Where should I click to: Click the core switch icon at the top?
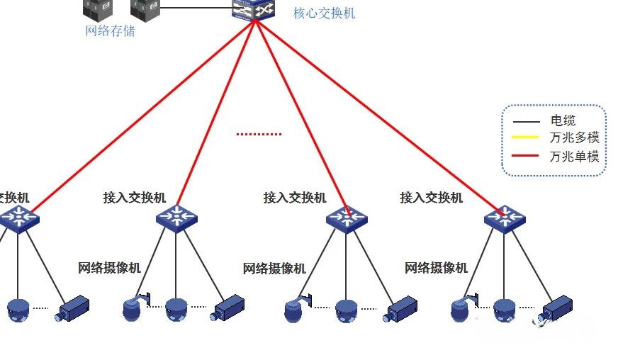click(x=256, y=10)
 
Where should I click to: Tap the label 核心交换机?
click(x=324, y=13)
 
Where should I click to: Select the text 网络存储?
click(x=110, y=31)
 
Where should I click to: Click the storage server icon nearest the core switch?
click(x=145, y=9)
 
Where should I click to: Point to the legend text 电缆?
click(x=563, y=121)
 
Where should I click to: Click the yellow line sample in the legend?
click(x=526, y=138)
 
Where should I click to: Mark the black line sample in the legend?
click(x=526, y=121)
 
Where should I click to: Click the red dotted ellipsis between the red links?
click(x=259, y=133)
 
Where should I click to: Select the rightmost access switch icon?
click(x=505, y=218)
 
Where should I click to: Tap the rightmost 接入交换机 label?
click(x=431, y=198)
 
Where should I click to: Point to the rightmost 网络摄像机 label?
click(x=436, y=268)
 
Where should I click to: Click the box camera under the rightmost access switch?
click(x=556, y=309)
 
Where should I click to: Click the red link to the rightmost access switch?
click(x=383, y=113)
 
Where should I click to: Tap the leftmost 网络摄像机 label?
click(x=109, y=268)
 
